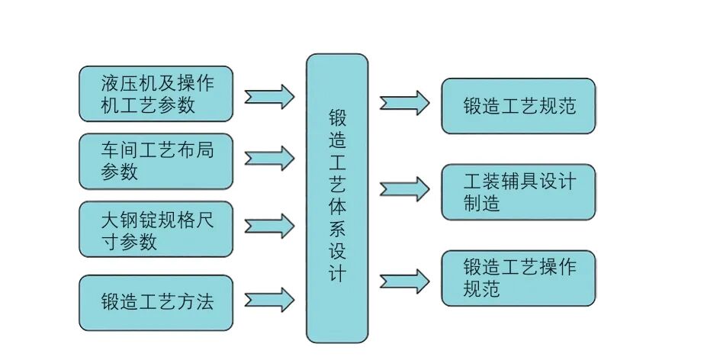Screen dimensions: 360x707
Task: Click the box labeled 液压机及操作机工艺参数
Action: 156,93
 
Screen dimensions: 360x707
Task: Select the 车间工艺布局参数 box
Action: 156,161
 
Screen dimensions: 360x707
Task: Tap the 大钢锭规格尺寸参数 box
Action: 156,229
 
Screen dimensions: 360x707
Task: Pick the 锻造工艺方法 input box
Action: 156,302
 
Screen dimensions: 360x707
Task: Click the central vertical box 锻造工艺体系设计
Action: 336,198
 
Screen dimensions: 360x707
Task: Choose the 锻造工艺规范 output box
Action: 518,105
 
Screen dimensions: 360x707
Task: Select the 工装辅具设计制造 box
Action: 518,192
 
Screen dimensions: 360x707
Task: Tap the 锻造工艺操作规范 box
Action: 518,278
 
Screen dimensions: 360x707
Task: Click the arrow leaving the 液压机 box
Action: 269,96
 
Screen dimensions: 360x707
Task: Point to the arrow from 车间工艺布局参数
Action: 269,159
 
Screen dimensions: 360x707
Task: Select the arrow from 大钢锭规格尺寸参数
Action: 269,226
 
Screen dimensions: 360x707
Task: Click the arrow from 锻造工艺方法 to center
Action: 269,299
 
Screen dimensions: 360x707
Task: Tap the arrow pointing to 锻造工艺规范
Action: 404,103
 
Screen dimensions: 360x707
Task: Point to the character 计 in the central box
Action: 336,273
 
